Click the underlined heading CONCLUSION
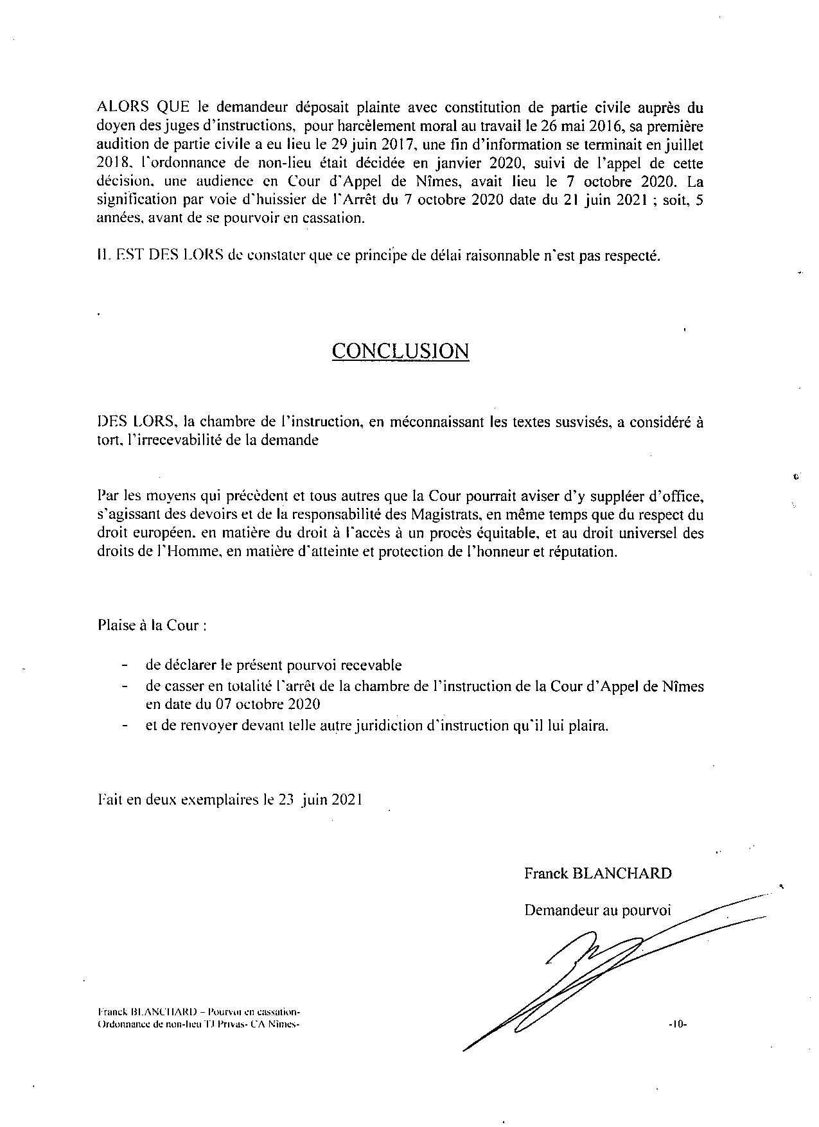pyautogui.click(x=400, y=351)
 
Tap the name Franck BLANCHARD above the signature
pyautogui.click(x=597, y=873)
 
